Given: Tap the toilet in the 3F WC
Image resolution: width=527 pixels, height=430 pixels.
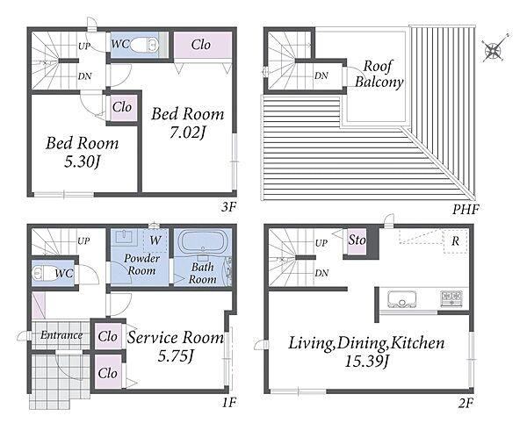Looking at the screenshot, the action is (x=144, y=45).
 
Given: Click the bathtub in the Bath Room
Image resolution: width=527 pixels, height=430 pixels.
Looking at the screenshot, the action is (x=203, y=240).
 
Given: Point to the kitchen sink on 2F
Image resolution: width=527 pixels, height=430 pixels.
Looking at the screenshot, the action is (x=402, y=298).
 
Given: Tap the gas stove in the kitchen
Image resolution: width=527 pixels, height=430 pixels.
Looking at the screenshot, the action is (x=451, y=298).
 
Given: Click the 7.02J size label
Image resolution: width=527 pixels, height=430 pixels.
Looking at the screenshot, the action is (x=188, y=133).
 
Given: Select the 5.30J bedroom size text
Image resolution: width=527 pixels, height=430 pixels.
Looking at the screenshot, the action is (x=83, y=161).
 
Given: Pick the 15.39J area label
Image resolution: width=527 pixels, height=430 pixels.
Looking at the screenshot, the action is (x=367, y=362).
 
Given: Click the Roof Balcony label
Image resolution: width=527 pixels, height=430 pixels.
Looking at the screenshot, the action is (x=379, y=75).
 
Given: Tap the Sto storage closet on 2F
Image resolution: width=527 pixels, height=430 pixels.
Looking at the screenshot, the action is (x=357, y=241).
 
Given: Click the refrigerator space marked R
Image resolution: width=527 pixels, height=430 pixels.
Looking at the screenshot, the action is (x=455, y=241).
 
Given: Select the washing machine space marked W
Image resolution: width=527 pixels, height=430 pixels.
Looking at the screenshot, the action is (x=155, y=240).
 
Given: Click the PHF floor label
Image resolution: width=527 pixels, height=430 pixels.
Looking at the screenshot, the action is (x=466, y=210).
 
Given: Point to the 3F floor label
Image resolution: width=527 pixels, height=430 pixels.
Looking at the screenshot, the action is (x=228, y=207).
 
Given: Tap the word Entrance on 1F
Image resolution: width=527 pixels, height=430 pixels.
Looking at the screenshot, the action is (x=61, y=335).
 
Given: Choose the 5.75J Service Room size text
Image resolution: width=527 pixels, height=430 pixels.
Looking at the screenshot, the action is (x=176, y=356).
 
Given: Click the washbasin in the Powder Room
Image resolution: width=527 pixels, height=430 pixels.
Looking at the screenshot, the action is (x=124, y=237).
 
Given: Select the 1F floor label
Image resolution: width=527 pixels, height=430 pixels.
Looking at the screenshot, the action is (x=229, y=402).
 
